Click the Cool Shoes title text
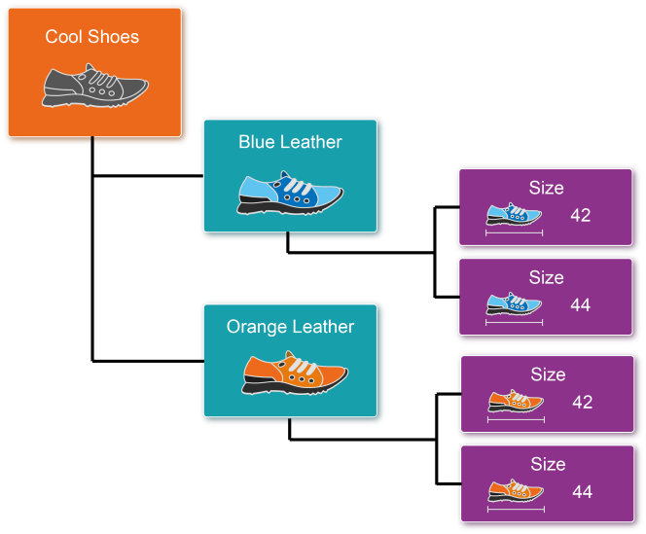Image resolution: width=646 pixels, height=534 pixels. [x=92, y=37]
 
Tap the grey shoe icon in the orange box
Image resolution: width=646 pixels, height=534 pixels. [x=94, y=87]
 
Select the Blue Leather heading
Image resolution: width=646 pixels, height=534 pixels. [x=290, y=142]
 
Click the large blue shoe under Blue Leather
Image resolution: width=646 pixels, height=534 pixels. [x=291, y=193]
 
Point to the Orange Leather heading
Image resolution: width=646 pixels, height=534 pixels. [x=290, y=327]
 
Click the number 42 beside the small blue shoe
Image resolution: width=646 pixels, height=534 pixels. [x=581, y=215]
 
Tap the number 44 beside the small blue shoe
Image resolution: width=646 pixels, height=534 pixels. [x=581, y=304]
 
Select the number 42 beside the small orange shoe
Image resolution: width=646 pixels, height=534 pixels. [x=583, y=402]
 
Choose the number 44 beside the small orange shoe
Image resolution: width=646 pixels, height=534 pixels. [x=583, y=491]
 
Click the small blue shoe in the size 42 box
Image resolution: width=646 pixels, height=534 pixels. [x=514, y=215]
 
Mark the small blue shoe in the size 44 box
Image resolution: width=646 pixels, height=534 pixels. [x=514, y=303]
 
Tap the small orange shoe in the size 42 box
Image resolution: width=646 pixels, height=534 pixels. [x=516, y=401]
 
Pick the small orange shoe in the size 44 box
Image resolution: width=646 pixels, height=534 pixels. [x=516, y=490]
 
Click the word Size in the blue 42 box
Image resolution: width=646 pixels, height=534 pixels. [x=546, y=189]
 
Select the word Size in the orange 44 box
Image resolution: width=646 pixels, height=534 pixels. [x=548, y=464]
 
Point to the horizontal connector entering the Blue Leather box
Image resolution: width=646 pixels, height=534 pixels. [x=148, y=177]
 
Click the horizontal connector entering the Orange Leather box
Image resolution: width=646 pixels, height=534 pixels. [x=148, y=361]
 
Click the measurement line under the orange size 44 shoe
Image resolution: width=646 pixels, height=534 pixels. [x=516, y=509]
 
